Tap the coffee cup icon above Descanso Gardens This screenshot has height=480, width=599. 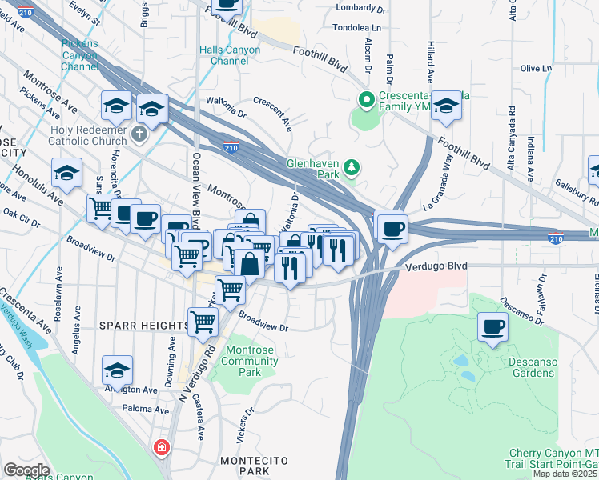(492, 326)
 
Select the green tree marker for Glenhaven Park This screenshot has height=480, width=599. (351, 167)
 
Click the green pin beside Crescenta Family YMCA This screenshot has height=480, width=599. (368, 101)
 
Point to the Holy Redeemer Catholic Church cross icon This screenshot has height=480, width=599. (140, 133)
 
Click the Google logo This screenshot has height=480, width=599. (26, 470)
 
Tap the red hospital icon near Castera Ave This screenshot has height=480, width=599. (162, 446)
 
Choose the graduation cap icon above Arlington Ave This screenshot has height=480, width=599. (117, 370)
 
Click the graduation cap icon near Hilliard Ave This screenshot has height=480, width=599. (446, 106)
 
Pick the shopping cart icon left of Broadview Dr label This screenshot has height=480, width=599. (203, 322)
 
